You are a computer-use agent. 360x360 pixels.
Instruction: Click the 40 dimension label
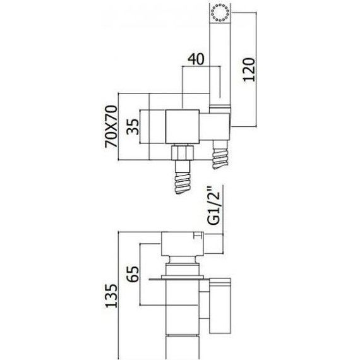click(x=196, y=59)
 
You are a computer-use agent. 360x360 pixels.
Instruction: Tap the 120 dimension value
click(x=249, y=69)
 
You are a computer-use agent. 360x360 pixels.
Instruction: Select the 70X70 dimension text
click(x=111, y=126)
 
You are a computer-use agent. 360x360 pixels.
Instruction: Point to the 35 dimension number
click(x=133, y=126)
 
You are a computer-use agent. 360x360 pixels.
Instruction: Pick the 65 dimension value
click(x=133, y=273)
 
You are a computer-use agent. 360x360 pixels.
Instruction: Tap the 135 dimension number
click(x=111, y=296)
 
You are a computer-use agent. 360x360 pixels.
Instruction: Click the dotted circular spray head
click(x=220, y=13)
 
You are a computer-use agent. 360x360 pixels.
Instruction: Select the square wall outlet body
click(x=183, y=127)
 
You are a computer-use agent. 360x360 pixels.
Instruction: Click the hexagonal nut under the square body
click(x=183, y=152)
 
